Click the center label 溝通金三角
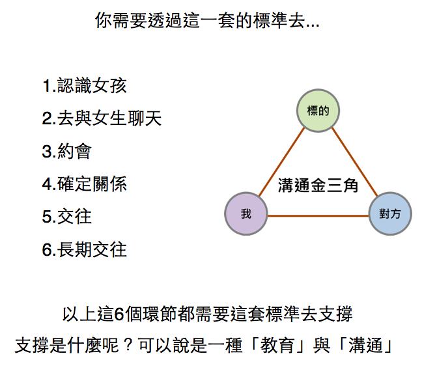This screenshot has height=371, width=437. click(x=318, y=186)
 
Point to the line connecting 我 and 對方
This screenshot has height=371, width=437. click(x=318, y=215)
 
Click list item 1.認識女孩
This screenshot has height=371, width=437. click(x=84, y=85)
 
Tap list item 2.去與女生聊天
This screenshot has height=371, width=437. click(x=101, y=118)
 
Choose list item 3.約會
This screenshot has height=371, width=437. click(x=66, y=151)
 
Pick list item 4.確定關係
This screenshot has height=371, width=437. click(x=84, y=184)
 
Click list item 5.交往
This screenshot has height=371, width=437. click(x=66, y=216)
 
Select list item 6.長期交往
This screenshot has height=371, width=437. click(x=84, y=249)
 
